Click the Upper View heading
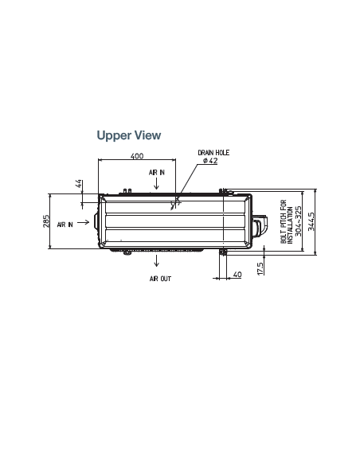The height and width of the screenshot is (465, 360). tap(129, 135)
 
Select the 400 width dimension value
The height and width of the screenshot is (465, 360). tap(137, 156)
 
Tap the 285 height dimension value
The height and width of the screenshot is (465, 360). tap(46, 221)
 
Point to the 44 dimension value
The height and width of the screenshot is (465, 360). tap(79, 184)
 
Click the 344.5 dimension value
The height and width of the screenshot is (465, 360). tap(311, 221)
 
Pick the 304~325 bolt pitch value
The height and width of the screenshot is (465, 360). tap(299, 221)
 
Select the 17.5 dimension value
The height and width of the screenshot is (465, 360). tap(260, 268)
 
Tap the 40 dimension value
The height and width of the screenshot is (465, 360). tap(237, 275)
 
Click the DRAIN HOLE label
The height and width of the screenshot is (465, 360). tap(213, 153)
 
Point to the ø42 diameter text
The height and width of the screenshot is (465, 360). tap(210, 161)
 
